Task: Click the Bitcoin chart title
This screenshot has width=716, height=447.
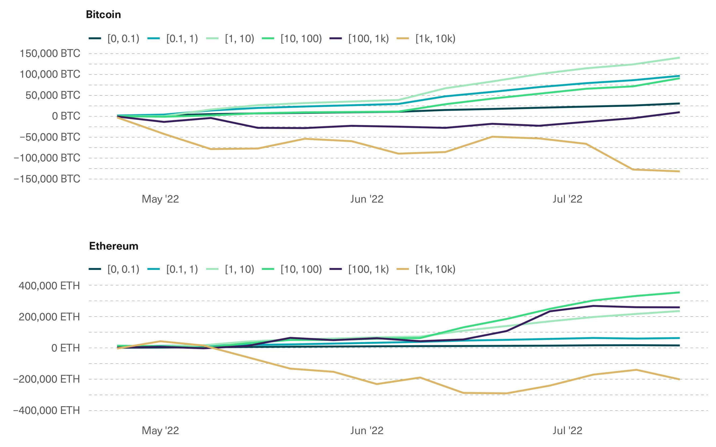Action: tap(103, 14)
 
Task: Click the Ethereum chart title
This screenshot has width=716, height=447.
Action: tap(114, 246)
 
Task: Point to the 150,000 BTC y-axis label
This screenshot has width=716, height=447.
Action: tap(50, 53)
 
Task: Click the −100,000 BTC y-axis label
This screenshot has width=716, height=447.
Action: tap(47, 158)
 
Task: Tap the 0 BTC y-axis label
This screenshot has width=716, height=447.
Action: tap(66, 116)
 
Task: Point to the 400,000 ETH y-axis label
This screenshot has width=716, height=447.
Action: tap(49, 285)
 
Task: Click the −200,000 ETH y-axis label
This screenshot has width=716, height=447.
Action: tap(46, 379)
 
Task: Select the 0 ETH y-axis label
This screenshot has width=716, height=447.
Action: tap(65, 348)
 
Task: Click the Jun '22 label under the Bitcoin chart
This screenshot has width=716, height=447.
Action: tap(367, 199)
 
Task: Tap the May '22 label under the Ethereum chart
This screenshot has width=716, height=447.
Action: tap(160, 430)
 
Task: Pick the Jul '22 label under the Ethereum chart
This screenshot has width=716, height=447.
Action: tap(567, 430)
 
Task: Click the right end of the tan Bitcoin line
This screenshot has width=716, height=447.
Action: tap(679, 171)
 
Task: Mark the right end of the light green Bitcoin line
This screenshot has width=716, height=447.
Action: tap(679, 58)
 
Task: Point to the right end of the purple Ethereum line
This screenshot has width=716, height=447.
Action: tap(679, 307)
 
